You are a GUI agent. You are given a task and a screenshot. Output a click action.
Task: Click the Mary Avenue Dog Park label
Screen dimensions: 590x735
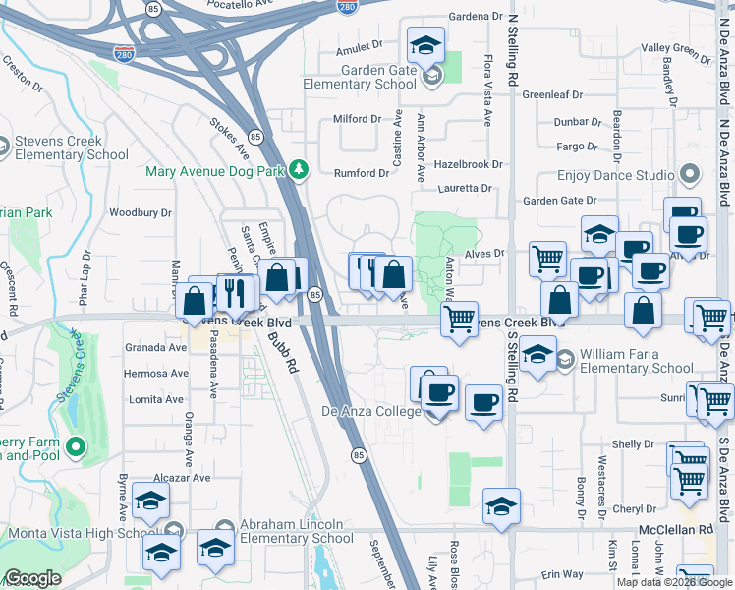214,171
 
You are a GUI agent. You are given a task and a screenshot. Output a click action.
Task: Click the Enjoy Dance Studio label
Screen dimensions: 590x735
615,175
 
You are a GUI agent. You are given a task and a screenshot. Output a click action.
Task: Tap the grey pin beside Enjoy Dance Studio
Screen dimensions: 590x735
689,175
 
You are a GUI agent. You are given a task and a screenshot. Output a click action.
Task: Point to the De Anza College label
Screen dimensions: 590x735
370,411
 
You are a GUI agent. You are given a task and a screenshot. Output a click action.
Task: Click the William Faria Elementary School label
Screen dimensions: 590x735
636,361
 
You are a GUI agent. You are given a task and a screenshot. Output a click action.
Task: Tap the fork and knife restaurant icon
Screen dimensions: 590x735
234,291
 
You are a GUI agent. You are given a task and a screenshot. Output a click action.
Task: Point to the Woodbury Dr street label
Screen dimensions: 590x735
141,212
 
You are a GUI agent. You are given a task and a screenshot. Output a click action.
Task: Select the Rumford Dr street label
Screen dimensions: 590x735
362,173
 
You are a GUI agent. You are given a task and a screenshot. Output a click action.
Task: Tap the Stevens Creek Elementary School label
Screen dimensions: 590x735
73,147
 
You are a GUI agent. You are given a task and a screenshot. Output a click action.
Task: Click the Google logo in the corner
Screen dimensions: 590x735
32,578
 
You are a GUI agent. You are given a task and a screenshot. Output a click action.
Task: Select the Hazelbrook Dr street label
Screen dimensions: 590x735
468,165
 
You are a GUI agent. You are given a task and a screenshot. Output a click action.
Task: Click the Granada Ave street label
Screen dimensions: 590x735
155,347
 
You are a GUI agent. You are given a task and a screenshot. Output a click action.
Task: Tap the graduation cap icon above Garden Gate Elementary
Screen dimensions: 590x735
426,44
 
